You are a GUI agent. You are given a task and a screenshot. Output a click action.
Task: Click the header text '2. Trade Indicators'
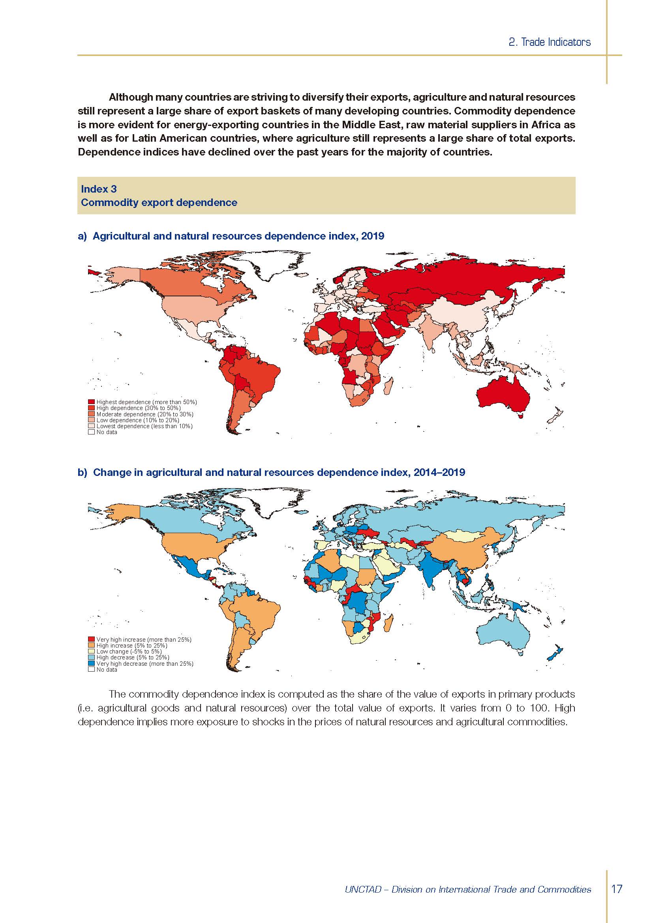pyautogui.click(x=549, y=42)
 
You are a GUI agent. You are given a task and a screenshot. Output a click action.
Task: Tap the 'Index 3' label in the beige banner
pyautogui.click(x=99, y=189)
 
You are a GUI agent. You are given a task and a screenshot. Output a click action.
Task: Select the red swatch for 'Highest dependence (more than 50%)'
pyautogui.click(x=91, y=402)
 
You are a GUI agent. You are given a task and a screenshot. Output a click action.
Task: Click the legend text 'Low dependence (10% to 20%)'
pyautogui.click(x=137, y=420)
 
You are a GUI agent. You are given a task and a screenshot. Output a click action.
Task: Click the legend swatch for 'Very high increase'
pyautogui.click(x=91, y=639)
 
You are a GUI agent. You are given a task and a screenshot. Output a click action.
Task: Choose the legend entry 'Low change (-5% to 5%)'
pyautogui.click(x=129, y=651)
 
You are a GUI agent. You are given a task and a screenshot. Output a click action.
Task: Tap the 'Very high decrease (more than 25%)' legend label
pyautogui.click(x=145, y=664)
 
